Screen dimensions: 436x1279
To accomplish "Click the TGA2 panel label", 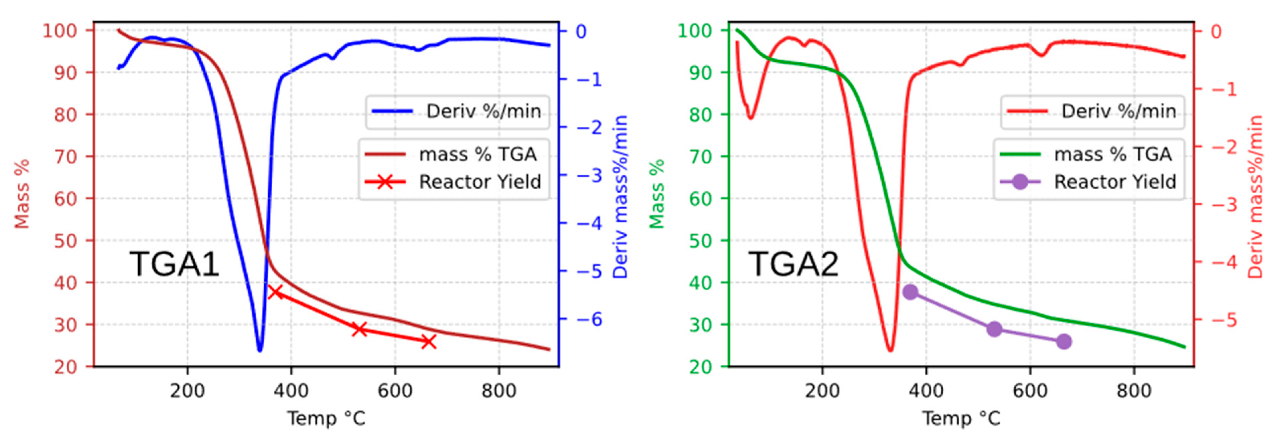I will coord(793,264).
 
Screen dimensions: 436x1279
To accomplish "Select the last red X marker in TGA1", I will coord(429,342).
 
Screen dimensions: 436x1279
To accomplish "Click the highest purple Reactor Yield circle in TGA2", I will coord(910,291).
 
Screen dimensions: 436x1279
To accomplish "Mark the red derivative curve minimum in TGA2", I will coord(890,350).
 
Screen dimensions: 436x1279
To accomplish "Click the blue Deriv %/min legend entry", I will coord(457,111).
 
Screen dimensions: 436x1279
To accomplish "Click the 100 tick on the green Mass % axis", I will coord(695,31).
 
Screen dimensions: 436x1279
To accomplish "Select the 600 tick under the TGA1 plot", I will coord(395,391).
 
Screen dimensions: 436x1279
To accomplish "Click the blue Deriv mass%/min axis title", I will coord(621,197).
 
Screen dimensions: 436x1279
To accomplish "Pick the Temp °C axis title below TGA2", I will coord(961,418).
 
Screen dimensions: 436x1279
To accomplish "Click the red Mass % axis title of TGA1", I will coord(22,194).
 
